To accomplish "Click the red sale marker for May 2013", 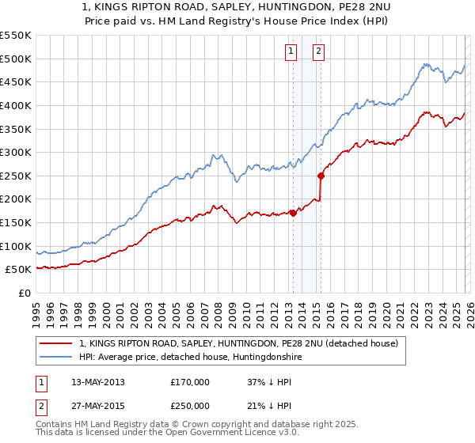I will pyautogui.click(x=293, y=212).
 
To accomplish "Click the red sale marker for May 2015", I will pyautogui.click(x=321, y=176).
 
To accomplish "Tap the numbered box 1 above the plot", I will pyautogui.click(x=291, y=52).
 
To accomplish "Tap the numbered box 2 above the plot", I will pyautogui.click(x=318, y=52).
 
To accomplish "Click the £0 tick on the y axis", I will pyautogui.click(x=24, y=293).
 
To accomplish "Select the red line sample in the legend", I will pyautogui.click(x=56, y=343).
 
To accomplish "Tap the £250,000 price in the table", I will pyautogui.click(x=190, y=406).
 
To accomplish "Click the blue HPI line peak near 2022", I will pyautogui.click(x=425, y=64).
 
